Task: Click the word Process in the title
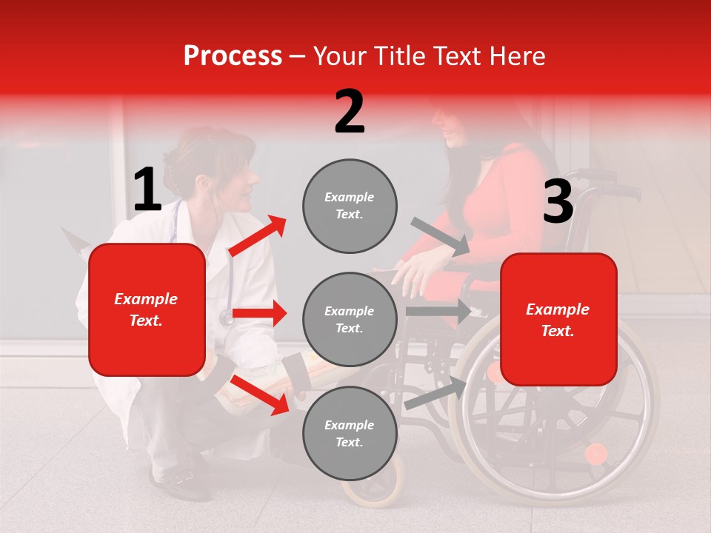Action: pos(233,56)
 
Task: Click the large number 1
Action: pos(147,190)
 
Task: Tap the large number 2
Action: pos(350,112)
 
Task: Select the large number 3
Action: pos(558,202)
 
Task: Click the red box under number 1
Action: pos(147,309)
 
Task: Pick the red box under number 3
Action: pos(558,319)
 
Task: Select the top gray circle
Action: pos(350,206)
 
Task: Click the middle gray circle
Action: pos(350,319)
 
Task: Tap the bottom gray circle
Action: pos(350,433)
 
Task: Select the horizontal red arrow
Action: pos(259,313)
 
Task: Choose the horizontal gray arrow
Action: pos(438,311)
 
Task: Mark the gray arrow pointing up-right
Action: pos(436,393)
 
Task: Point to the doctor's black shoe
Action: pos(181,485)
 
